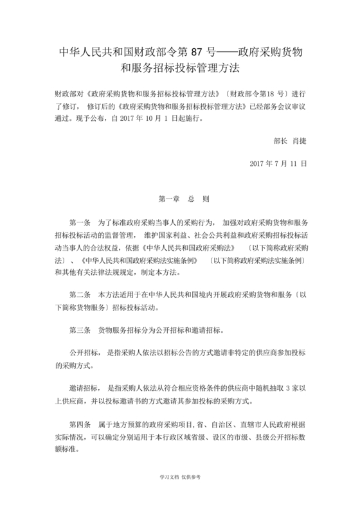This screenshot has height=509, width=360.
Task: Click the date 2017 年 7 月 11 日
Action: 278,163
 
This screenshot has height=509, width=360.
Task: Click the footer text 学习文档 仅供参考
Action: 179,478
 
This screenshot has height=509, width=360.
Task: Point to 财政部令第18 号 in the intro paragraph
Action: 253,92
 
